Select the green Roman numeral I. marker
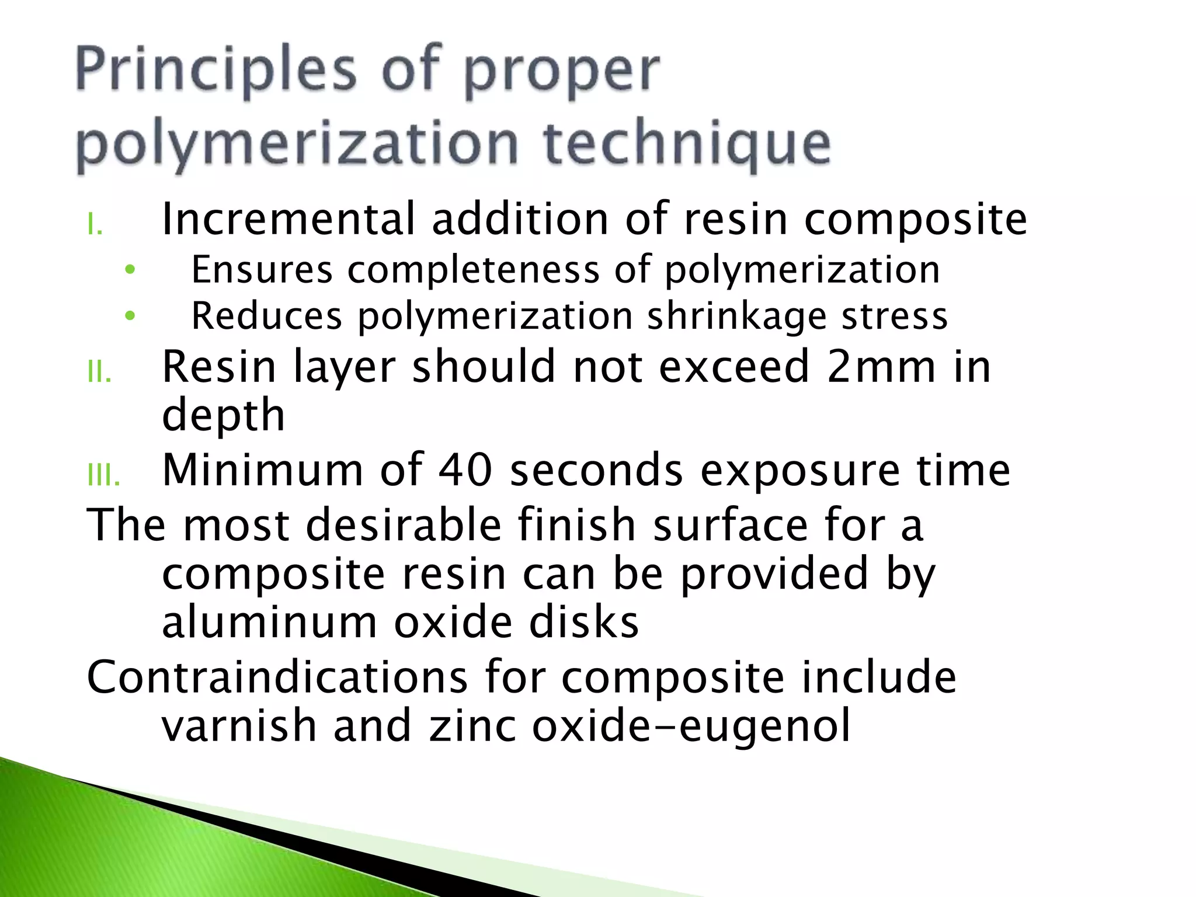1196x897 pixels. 95,224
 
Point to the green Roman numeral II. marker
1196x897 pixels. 99,372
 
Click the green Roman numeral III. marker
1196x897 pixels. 103,476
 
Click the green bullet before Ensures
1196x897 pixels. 130,270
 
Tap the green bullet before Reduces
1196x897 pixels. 130,316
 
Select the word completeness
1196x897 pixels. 474,270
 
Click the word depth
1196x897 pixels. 223,416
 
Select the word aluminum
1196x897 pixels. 269,623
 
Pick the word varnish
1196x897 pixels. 239,726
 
